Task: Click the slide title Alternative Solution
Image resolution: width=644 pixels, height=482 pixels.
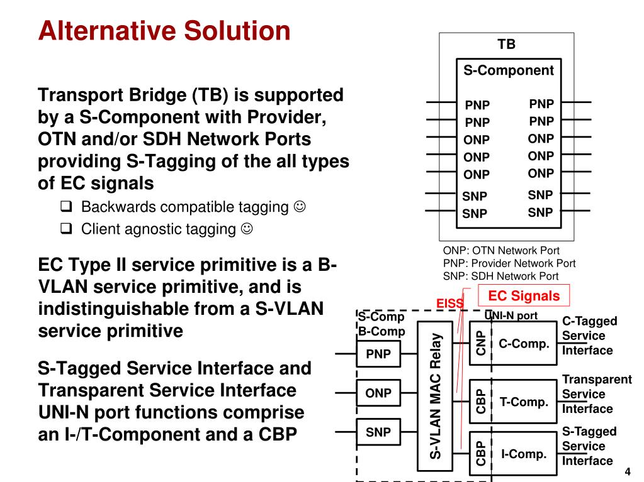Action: pyautogui.click(x=164, y=30)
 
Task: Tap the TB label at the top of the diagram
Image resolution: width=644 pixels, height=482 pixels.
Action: pyautogui.click(x=506, y=44)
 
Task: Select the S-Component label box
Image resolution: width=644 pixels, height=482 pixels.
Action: pyautogui.click(x=509, y=70)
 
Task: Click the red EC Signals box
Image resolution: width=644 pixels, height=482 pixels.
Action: pyautogui.click(x=524, y=296)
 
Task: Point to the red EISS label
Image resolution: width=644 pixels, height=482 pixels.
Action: pyautogui.click(x=449, y=304)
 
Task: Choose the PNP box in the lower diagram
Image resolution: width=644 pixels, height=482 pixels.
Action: pyautogui.click(x=378, y=354)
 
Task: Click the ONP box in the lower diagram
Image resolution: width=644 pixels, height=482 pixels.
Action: pyautogui.click(x=378, y=393)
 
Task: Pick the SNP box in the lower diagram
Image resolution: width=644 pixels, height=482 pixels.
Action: pyautogui.click(x=378, y=432)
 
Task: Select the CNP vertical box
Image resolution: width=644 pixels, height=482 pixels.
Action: pyautogui.click(x=480, y=343)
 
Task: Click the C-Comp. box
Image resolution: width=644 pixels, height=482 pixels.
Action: pyautogui.click(x=524, y=344)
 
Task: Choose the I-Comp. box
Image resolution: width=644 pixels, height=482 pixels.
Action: pyautogui.click(x=524, y=454)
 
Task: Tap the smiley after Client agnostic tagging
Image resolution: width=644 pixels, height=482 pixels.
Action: pyautogui.click(x=247, y=228)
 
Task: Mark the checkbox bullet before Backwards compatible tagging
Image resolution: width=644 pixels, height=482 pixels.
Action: pyautogui.click(x=66, y=206)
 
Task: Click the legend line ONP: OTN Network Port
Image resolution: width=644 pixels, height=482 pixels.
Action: pyautogui.click(x=501, y=251)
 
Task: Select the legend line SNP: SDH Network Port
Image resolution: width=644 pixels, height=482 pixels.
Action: pyautogui.click(x=500, y=276)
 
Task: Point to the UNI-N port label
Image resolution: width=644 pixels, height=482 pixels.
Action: pyautogui.click(x=511, y=315)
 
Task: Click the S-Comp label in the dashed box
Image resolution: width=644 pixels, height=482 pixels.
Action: pyautogui.click(x=381, y=317)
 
